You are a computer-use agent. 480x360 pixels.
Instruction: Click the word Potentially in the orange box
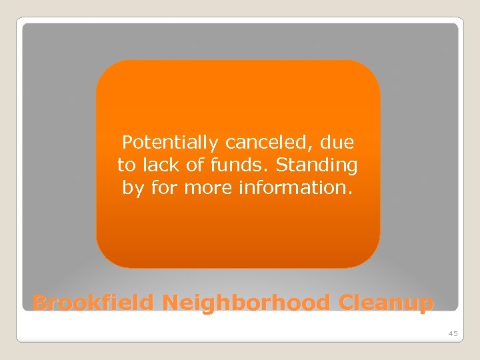click(x=171, y=143)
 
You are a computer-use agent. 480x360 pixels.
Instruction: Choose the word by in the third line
click(x=133, y=188)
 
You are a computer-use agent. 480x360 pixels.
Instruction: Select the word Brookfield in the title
click(x=94, y=303)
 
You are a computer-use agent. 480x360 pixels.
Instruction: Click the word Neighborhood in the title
click(x=246, y=303)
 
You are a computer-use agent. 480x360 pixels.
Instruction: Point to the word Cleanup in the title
click(x=386, y=303)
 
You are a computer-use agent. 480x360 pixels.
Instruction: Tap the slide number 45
click(x=453, y=333)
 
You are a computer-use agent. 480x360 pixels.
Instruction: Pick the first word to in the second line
click(x=126, y=165)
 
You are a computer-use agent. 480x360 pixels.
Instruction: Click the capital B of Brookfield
click(x=39, y=303)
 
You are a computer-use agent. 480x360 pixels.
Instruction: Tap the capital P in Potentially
click(x=127, y=143)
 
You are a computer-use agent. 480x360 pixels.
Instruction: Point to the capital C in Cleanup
click(x=347, y=303)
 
